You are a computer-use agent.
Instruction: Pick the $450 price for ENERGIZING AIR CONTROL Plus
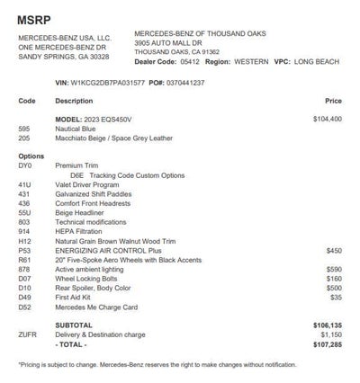click(x=334, y=250)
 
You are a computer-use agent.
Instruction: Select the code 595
click(x=24, y=129)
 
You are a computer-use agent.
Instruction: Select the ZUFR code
click(x=27, y=334)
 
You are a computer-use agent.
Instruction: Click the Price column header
click(x=333, y=101)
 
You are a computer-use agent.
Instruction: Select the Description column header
click(x=74, y=101)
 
